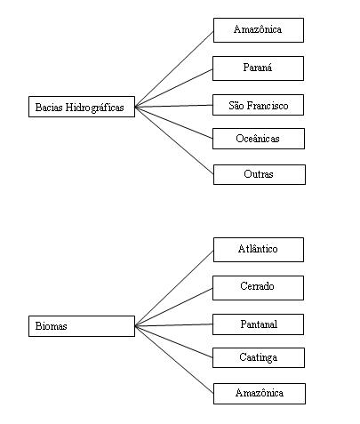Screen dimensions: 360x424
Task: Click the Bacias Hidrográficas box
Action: click(x=82, y=107)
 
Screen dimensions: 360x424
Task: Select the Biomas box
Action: click(x=82, y=326)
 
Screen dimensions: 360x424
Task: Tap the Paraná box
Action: click(x=258, y=68)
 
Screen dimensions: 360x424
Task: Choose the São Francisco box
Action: click(x=258, y=105)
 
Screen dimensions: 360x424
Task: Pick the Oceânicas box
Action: click(x=259, y=139)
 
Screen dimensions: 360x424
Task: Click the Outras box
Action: click(x=260, y=174)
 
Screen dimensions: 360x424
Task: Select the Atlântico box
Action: click(x=259, y=250)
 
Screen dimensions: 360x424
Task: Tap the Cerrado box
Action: click(x=258, y=288)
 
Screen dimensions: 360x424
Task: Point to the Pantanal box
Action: click(x=258, y=324)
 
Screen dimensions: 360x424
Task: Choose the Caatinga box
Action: click(x=259, y=358)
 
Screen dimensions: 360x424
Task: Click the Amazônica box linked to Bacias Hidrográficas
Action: click(x=259, y=30)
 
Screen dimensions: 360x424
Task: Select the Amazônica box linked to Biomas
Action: click(x=260, y=394)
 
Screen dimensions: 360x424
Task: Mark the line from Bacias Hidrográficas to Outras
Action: click(x=174, y=140)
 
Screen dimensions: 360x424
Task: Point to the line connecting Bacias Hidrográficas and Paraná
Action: click(x=174, y=88)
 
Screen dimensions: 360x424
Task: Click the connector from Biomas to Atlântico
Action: click(x=174, y=288)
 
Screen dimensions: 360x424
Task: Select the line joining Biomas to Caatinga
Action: click(x=174, y=342)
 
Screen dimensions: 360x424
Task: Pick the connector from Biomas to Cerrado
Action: click(x=174, y=307)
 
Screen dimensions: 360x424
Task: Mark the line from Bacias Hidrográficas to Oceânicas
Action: click(x=174, y=123)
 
